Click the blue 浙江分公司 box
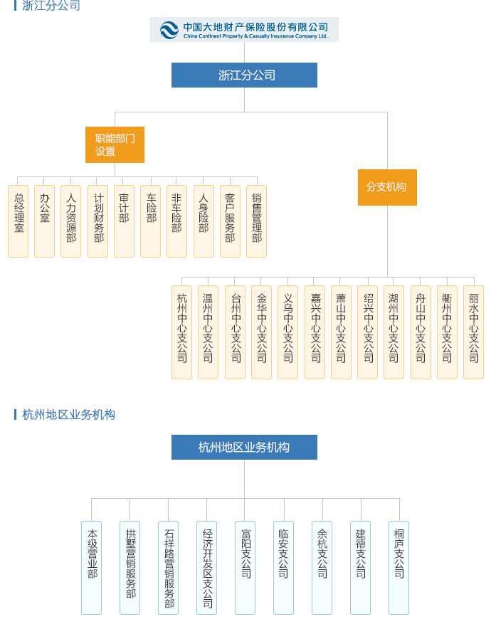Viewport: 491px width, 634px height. coord(244,75)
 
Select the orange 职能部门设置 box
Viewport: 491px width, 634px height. coord(115,144)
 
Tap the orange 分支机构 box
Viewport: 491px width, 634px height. coord(387,187)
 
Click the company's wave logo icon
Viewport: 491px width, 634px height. coord(169,30)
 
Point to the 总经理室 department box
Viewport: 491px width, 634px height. coord(19,221)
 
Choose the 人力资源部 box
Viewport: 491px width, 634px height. coord(70,221)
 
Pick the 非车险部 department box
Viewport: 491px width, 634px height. coord(176,221)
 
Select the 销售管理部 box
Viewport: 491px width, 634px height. coord(256,221)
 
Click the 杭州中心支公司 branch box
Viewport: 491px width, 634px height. coord(182,332)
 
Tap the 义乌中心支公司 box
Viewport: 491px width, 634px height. coord(288,332)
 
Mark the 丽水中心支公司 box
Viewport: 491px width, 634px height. coord(474,332)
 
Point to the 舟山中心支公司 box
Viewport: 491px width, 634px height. coord(421,332)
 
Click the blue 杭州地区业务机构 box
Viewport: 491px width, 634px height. coord(244,447)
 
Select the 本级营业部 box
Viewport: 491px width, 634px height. coord(91,568)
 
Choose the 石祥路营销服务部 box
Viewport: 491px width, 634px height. coord(168,568)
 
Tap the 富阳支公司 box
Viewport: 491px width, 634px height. coord(245,568)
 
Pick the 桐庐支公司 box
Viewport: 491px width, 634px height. coord(398,568)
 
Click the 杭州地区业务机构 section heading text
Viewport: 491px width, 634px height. coord(69,415)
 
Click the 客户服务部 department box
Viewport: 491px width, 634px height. coord(230,221)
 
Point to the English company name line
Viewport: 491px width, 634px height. coord(255,36)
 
